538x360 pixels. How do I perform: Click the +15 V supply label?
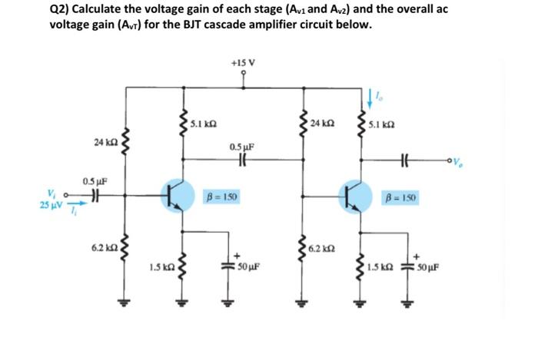pyautogui.click(x=243, y=62)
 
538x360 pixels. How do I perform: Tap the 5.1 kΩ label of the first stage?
pyautogui.click(x=203, y=123)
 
